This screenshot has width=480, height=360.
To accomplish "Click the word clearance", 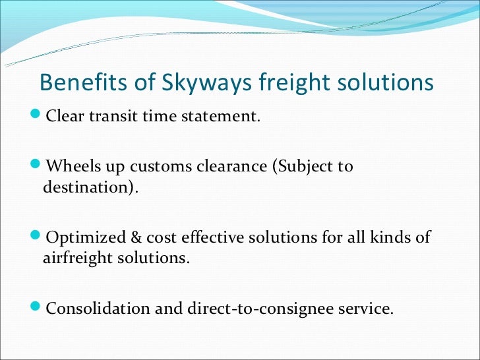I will click(229, 166).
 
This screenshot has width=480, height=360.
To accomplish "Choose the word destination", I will click(88, 187).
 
